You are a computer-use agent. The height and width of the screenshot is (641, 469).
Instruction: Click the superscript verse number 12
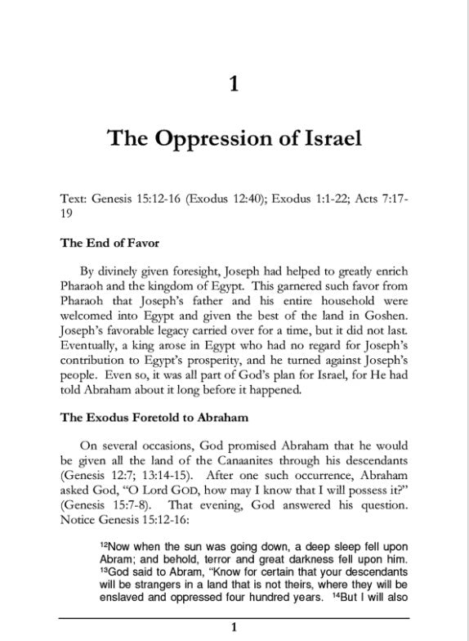(x=104, y=543)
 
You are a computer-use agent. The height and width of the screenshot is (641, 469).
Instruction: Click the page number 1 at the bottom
(x=234, y=628)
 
